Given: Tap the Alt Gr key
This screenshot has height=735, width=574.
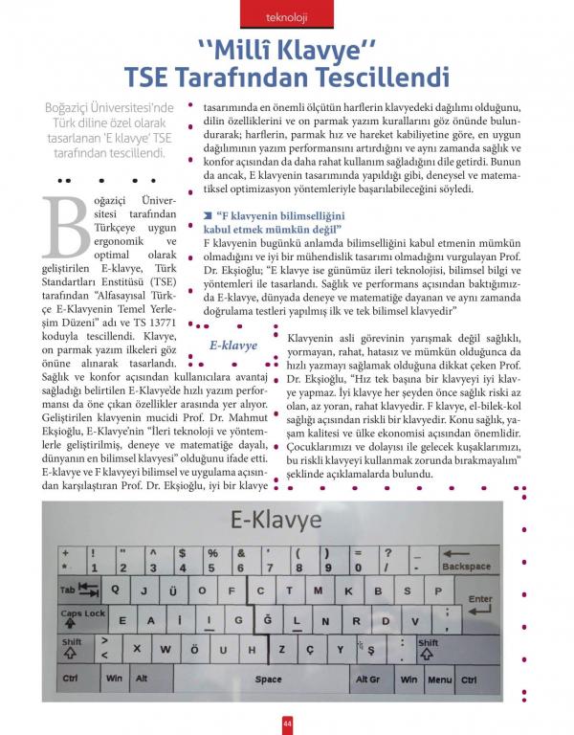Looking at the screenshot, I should click(367, 679).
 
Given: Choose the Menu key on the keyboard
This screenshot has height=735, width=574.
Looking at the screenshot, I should click(439, 679).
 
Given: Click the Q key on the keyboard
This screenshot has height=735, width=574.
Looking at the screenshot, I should click(116, 591).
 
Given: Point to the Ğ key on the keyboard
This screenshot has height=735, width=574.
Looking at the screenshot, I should click(268, 620).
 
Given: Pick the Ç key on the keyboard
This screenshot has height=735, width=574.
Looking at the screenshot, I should click(311, 648).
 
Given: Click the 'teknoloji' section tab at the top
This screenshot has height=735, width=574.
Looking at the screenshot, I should click(287, 17).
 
